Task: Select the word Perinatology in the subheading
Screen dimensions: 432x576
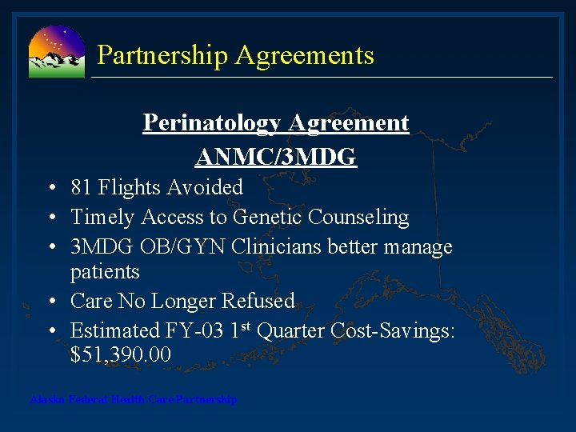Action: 213,123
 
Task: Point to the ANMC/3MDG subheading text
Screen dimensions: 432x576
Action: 276,157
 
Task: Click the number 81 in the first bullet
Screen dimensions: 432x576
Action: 81,188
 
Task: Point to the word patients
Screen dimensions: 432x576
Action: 105,272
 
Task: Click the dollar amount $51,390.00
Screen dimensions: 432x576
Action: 121,355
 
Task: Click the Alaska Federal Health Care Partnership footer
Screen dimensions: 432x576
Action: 134,399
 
